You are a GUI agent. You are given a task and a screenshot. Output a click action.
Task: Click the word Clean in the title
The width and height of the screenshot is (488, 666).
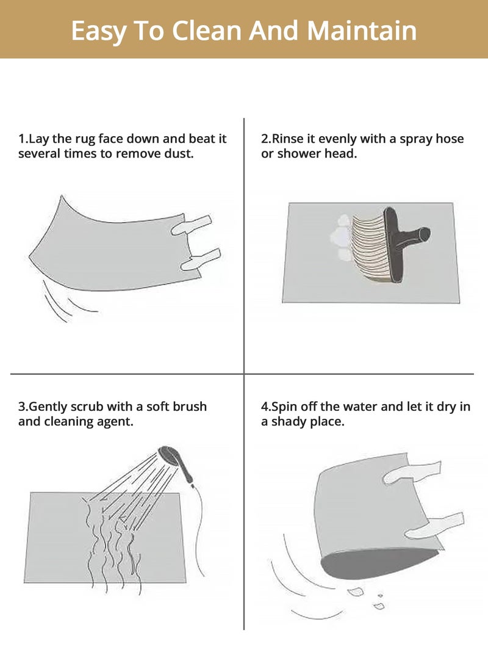pos(207,31)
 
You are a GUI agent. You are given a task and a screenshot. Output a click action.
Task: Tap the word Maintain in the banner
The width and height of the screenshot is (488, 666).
pos(362,31)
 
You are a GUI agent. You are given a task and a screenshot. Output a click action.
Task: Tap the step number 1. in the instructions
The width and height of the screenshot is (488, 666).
pos(23,139)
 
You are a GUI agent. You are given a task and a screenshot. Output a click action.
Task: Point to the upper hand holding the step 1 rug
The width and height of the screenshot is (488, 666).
pos(192,225)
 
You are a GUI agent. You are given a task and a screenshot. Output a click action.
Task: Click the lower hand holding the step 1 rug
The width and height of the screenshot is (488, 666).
pos(201,260)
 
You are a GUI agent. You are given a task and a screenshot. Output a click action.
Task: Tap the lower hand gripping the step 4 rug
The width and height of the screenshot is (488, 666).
pos(434,526)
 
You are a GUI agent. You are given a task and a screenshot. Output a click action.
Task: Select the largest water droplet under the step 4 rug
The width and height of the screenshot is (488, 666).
pos(355,591)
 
